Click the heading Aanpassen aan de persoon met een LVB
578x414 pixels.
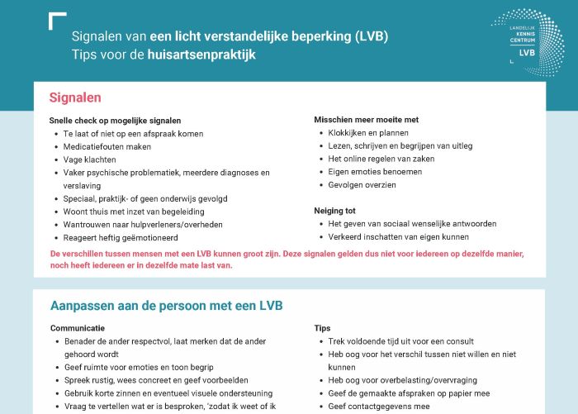166,306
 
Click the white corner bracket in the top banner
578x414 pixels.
57,21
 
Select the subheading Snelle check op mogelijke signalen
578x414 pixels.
115,121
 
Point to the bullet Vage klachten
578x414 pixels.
90,159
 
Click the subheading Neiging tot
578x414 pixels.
334,211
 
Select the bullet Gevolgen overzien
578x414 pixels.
362,185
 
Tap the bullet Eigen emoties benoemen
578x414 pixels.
375,172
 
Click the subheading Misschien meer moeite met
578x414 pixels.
366,120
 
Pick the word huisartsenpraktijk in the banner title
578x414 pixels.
201,55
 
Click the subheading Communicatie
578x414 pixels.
78,328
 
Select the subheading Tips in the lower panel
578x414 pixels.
322,328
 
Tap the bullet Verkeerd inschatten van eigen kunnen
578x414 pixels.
398,237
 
